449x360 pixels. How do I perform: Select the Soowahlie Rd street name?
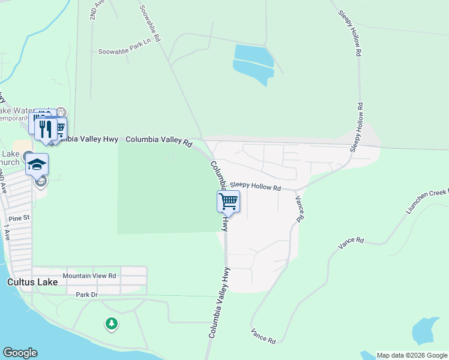pyautogui.click(x=150, y=23)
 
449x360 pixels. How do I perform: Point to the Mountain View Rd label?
pyautogui.click(x=89, y=276)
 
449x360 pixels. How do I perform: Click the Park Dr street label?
pyautogui.click(x=86, y=295)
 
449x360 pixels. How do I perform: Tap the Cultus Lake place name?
pyautogui.click(x=32, y=282)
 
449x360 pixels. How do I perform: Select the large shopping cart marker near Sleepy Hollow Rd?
pyautogui.click(x=228, y=202)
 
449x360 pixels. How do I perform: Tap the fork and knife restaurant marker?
pyautogui.click(x=46, y=129)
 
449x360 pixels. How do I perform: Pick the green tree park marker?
pyautogui.click(x=111, y=324)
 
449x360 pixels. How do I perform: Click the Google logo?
pyautogui.click(x=20, y=353)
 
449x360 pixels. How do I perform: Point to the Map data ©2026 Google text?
pyautogui.click(x=412, y=355)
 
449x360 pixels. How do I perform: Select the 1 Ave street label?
pyautogui.click(x=7, y=232)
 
